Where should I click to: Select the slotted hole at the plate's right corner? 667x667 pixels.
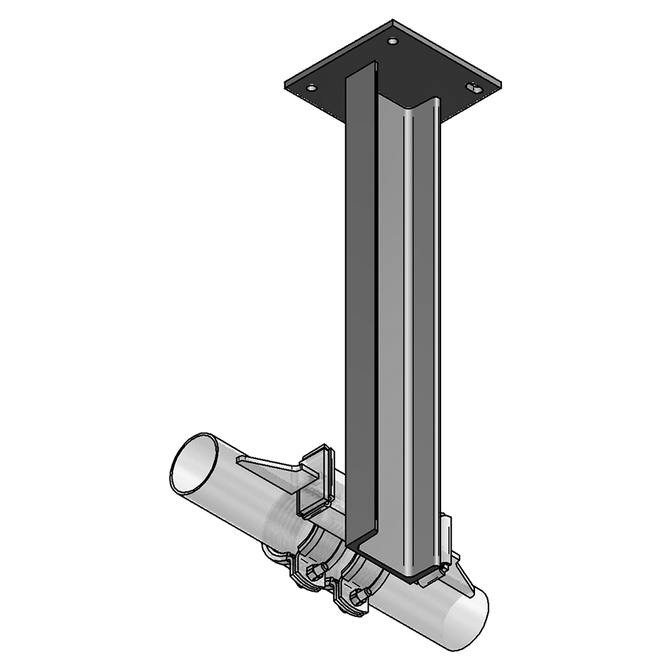tap(474, 88)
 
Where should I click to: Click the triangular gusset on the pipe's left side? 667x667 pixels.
tap(272, 469)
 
